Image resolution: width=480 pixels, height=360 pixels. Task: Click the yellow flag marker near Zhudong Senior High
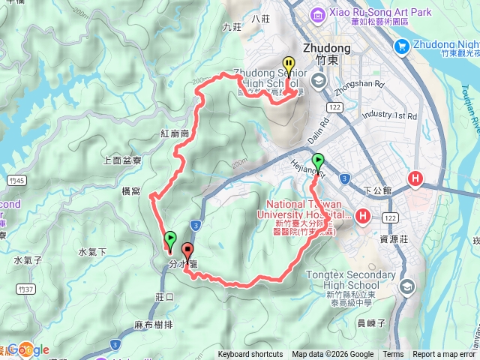(288, 66)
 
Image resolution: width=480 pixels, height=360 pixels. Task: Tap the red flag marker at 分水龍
(187, 252)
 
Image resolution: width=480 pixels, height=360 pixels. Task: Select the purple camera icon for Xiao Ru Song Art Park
(317, 13)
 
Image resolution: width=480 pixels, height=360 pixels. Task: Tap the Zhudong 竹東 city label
(326, 52)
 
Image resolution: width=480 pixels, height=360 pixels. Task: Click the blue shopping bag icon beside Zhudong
(401, 46)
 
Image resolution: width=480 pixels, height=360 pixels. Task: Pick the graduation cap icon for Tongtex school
(407, 286)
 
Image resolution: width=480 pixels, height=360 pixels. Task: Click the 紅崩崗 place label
(174, 133)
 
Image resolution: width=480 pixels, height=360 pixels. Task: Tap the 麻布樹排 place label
(154, 325)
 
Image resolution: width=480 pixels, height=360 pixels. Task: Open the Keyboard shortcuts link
(250, 355)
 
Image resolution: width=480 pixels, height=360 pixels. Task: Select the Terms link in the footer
(393, 355)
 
